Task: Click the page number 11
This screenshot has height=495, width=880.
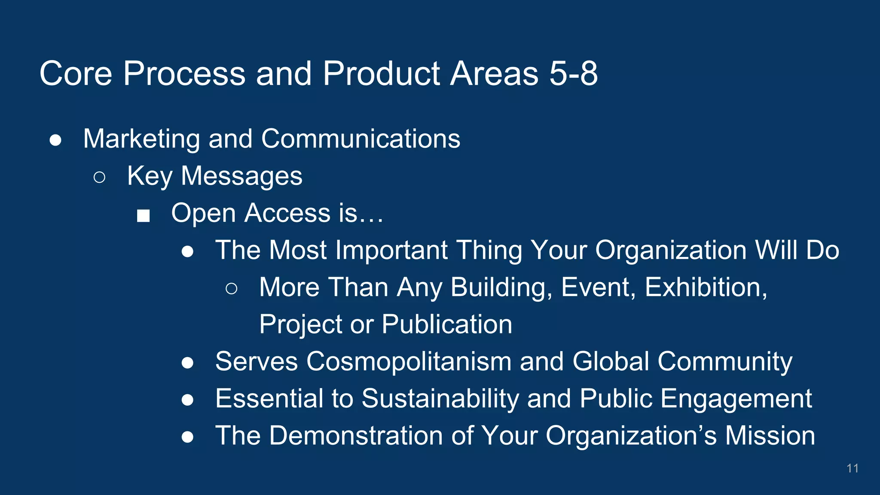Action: click(x=852, y=468)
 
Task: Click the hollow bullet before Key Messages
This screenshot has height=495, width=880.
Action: click(x=99, y=177)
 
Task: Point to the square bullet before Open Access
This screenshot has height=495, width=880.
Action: click(x=143, y=215)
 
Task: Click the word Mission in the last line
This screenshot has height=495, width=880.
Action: click(x=770, y=435)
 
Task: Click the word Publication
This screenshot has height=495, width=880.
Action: click(x=447, y=324)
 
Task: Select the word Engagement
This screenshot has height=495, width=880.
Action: click(x=736, y=398)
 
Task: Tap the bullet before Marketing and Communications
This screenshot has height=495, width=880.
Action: click(x=55, y=140)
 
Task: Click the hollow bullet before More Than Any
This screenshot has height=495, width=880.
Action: click(x=231, y=289)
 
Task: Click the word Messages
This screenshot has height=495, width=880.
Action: click(x=241, y=176)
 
